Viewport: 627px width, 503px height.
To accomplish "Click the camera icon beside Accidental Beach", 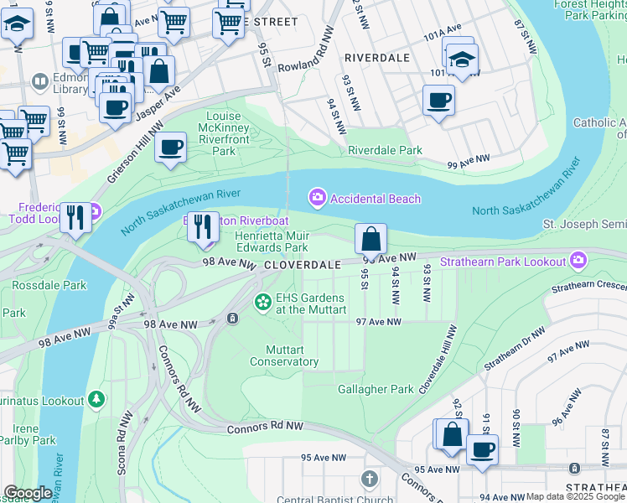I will tap(318, 199).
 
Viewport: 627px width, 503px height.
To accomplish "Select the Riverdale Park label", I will tap(385, 151).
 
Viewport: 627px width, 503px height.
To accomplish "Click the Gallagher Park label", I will tap(376, 389).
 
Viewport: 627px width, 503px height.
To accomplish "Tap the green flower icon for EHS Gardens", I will tap(263, 301).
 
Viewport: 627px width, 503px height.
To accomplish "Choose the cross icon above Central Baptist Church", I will tap(369, 480).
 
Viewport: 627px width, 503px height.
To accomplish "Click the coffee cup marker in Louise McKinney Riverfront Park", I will tap(170, 148).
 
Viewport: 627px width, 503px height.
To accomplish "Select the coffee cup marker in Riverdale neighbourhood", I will tap(437, 101).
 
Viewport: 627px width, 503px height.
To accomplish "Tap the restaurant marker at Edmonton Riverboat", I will tap(203, 226).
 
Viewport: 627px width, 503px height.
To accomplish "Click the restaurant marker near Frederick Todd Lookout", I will tap(76, 217).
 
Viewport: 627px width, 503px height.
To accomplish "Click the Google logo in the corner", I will tap(28, 493).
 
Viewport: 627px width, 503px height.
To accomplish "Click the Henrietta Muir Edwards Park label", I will tap(271, 241).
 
